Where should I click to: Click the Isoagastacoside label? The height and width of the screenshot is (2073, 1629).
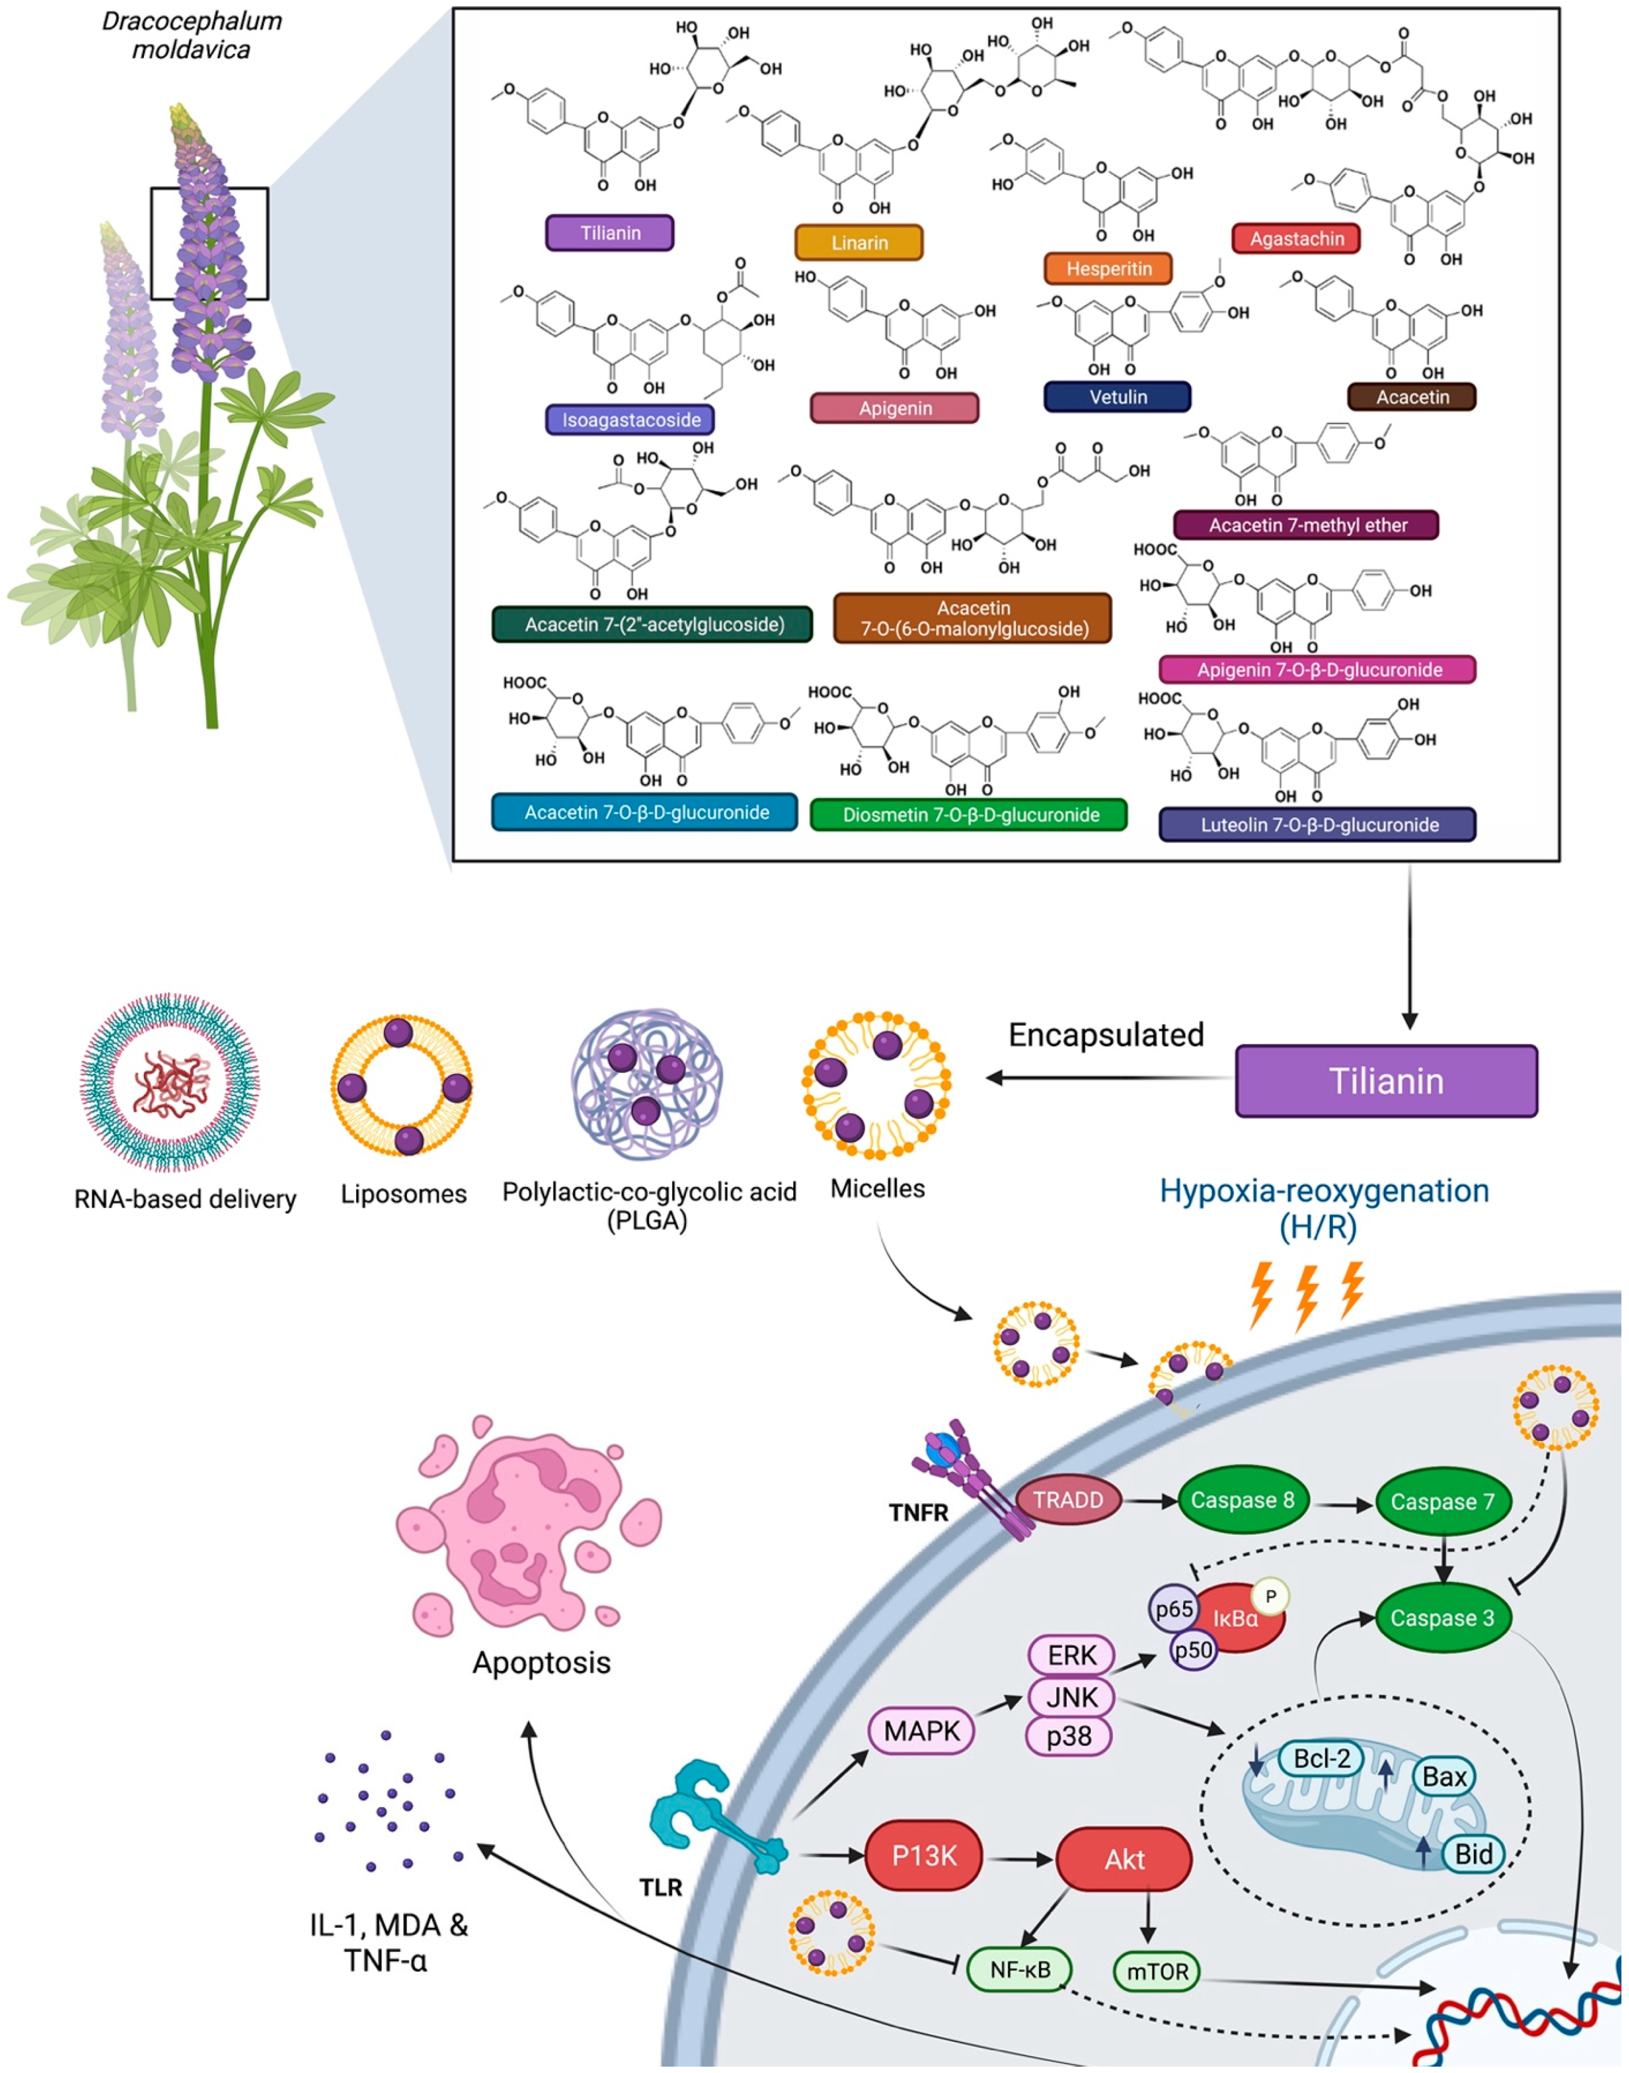point(630,419)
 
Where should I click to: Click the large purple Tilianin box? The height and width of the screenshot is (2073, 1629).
point(1386,1080)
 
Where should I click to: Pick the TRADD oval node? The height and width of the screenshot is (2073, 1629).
point(1068,1500)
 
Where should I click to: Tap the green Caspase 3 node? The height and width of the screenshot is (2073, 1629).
point(1441,1618)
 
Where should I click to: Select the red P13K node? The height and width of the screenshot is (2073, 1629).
point(923,1856)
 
